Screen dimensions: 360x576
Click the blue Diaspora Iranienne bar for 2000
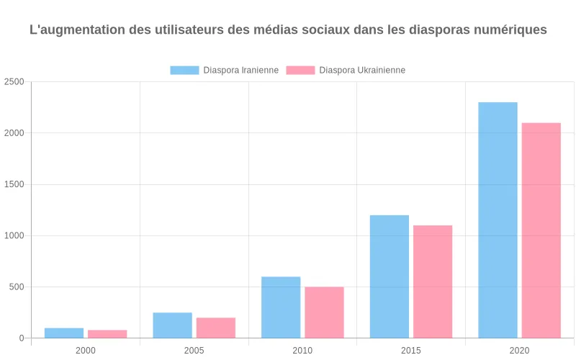coord(64,333)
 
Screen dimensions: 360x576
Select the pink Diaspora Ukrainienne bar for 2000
coord(107,334)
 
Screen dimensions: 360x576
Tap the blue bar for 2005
coord(173,325)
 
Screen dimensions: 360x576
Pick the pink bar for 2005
coord(216,328)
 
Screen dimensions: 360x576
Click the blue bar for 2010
coord(281,307)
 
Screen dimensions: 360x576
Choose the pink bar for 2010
coord(324,312)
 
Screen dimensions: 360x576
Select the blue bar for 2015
coord(390,276)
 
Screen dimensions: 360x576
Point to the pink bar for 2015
coord(433,282)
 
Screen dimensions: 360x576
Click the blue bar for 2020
coord(498,220)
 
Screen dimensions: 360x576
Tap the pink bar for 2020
coord(541,230)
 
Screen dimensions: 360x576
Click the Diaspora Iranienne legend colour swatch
coord(184,70)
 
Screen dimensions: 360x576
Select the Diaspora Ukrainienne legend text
coord(362,70)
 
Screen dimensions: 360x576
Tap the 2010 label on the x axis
coord(302,351)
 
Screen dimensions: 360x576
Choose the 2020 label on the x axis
coord(519,351)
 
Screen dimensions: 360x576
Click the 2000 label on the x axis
coord(86,351)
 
